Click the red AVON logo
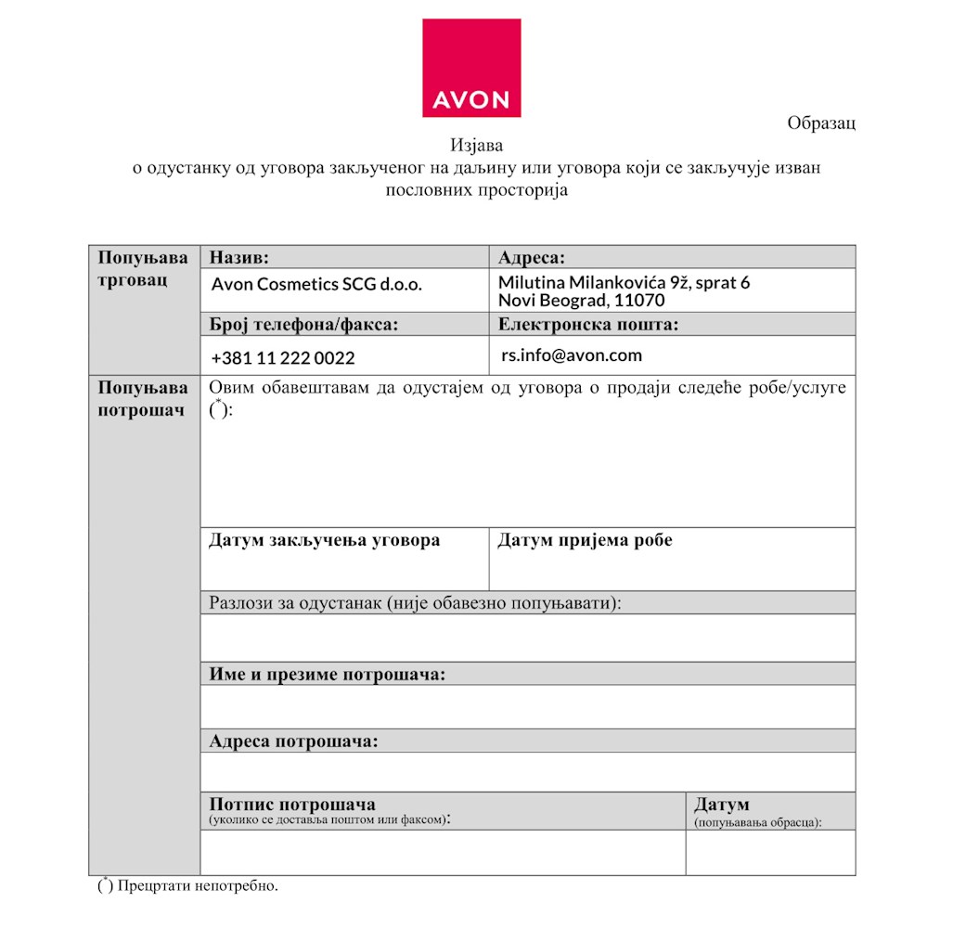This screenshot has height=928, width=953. tap(471, 69)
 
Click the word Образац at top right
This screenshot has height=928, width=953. tap(820, 123)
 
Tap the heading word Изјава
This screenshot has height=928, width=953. tap(476, 146)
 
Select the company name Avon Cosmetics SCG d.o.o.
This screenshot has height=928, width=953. tap(316, 285)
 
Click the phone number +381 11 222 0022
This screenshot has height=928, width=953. tap(283, 358)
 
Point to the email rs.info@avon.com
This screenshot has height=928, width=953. tap(571, 354)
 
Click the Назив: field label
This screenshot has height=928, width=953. tap(239, 257)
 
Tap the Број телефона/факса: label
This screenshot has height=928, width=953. tap(303, 324)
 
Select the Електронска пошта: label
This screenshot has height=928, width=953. tap(587, 324)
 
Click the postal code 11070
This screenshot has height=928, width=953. tap(639, 301)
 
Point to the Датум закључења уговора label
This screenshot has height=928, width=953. tap(324, 540)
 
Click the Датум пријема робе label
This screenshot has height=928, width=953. tap(585, 540)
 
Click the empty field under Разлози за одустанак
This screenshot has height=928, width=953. tap(527, 638)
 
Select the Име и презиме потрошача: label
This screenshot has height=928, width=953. tap(327, 674)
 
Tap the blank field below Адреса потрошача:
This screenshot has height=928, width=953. tap(527, 771)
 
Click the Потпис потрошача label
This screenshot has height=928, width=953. tap(292, 804)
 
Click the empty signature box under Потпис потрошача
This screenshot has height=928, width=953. tap(443, 852)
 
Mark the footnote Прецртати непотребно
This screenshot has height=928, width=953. tap(198, 885)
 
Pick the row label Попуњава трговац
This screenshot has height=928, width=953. tap(143, 268)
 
